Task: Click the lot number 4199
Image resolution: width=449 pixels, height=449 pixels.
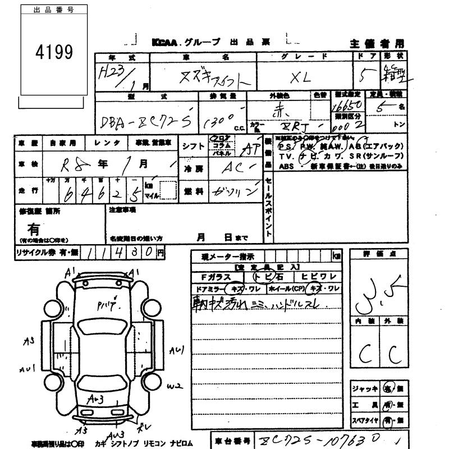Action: (x=54, y=52)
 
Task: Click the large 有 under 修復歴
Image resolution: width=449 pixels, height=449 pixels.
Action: (x=34, y=229)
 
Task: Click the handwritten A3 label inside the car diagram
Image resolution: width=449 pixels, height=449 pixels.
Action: (x=98, y=399)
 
